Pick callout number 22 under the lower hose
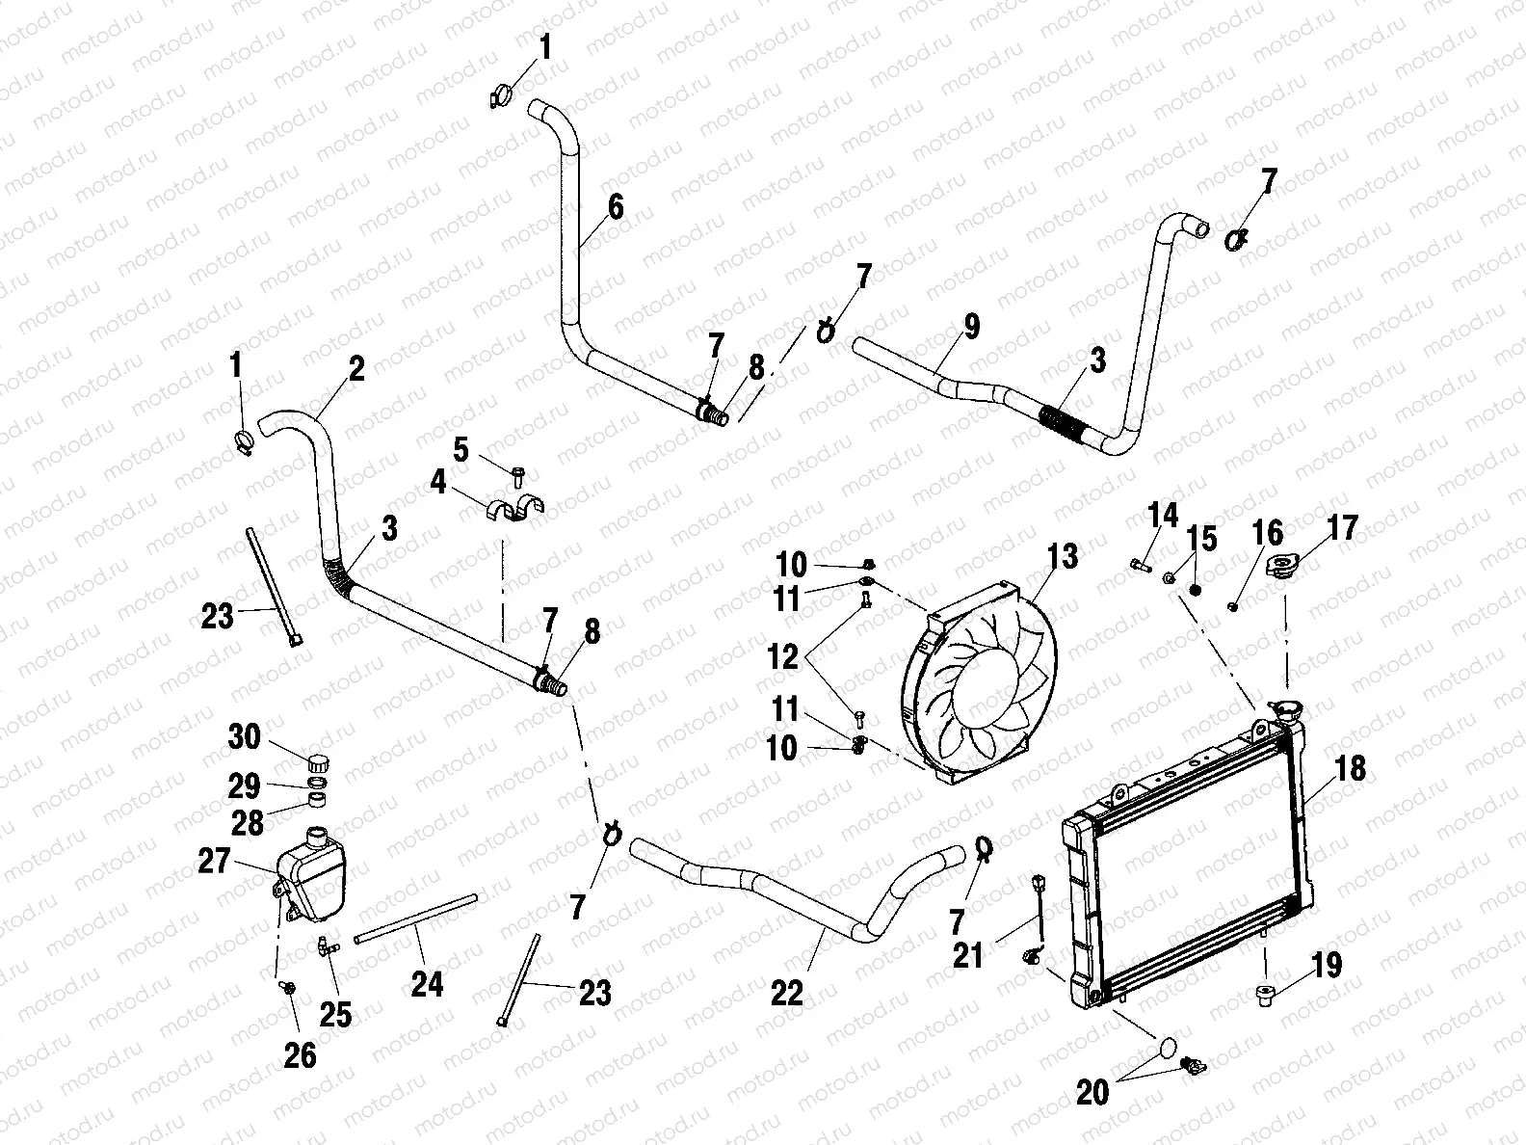pos(788,992)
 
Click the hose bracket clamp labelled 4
pos(515,510)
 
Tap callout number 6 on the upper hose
pos(616,207)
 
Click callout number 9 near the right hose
pos(971,327)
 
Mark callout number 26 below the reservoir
pos(300,1056)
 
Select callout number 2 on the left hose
pos(356,370)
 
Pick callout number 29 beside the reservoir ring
pos(244,786)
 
